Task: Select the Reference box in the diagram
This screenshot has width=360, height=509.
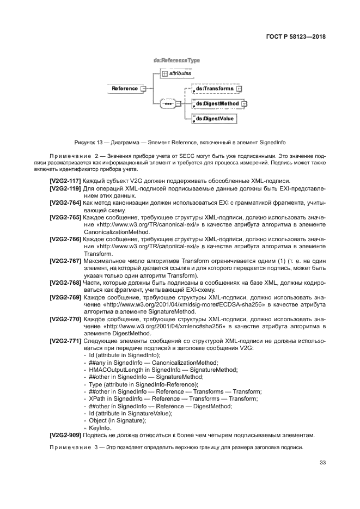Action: pos(125,88)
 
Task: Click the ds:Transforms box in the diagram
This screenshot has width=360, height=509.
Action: pos(214,88)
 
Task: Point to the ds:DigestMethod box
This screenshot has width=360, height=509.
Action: pos(217,103)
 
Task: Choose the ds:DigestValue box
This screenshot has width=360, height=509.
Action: pos(214,118)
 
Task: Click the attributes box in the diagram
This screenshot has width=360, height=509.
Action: pos(178,73)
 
